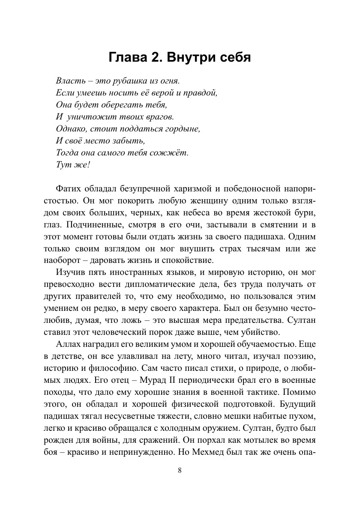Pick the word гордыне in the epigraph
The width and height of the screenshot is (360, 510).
click(185, 128)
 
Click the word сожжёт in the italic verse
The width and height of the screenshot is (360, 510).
click(171, 152)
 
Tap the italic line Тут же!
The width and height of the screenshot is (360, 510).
click(73, 164)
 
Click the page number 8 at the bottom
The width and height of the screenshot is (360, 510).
click(180, 471)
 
